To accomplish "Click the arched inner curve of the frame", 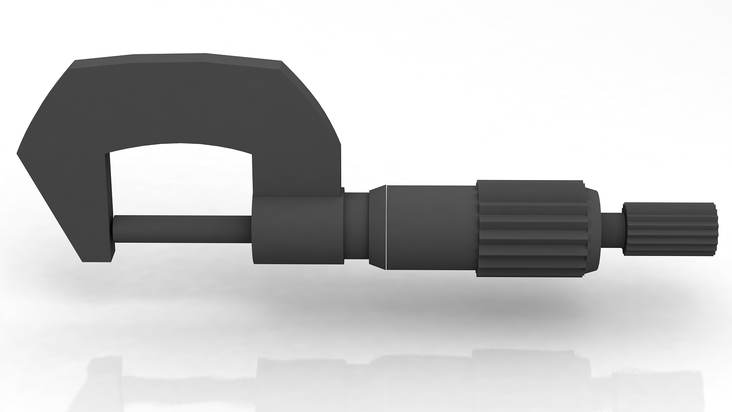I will (181, 145).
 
